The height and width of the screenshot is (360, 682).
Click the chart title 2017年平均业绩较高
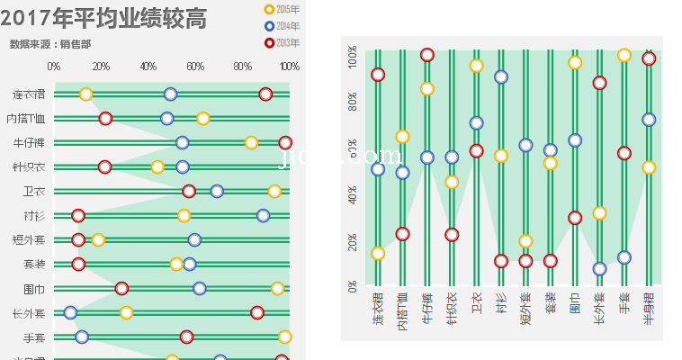(x=103, y=17)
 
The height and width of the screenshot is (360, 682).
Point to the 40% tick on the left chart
(x=148, y=67)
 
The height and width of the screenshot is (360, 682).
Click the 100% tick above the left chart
(x=290, y=67)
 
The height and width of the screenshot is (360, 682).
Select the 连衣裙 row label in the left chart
(x=29, y=94)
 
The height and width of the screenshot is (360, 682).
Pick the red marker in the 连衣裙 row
(x=265, y=94)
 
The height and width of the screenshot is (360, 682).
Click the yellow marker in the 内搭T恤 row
(x=203, y=119)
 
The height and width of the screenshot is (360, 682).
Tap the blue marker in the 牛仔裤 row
(x=183, y=143)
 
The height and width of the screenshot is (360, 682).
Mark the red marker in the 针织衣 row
(x=105, y=167)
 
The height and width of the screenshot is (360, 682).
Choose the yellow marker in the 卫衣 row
(x=274, y=191)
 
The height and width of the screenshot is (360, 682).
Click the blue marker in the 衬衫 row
(x=263, y=215)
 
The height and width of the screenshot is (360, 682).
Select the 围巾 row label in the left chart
(x=34, y=289)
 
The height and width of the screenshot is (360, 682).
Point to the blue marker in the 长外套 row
(x=70, y=313)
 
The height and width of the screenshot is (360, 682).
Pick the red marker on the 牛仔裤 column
(x=427, y=55)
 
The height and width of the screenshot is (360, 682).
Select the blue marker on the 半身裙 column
(x=649, y=120)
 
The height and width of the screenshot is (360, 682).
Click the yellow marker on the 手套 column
(x=624, y=55)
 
